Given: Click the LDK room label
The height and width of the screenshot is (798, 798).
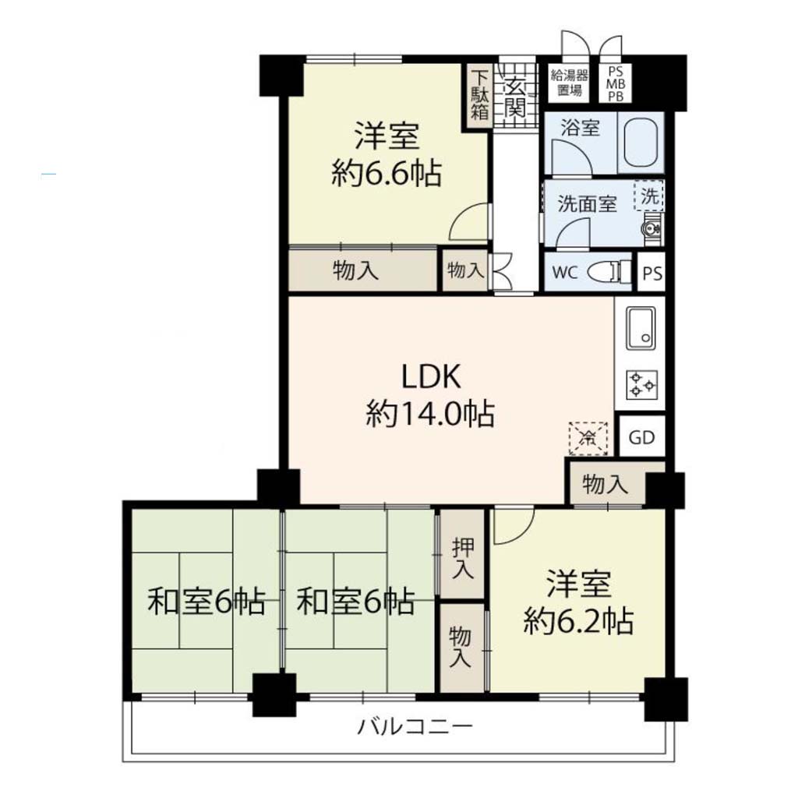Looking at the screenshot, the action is pos(431,377).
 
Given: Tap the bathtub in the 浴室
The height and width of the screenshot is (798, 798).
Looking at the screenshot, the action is pos(641,143).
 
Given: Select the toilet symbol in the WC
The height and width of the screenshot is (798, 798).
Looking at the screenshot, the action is pos(609,272).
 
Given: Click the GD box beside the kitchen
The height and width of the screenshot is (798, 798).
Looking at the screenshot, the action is pos(642,436).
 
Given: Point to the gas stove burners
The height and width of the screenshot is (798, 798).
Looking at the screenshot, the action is pos(642,384).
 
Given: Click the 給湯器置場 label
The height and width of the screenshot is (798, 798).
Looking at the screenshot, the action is pos(570,83).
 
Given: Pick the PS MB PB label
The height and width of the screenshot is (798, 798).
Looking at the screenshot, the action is pos(616,83).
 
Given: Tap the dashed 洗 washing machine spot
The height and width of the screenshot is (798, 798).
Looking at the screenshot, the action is pos(649,196).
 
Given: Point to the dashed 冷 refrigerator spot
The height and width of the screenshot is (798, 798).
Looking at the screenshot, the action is pos(588,438).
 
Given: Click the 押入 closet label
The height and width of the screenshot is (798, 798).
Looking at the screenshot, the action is pos(463,557).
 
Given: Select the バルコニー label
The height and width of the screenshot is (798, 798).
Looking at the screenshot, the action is pos(415,726).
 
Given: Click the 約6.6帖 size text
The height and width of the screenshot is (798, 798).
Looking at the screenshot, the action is pos(387,174).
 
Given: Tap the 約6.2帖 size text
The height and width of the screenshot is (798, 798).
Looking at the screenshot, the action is pos(579,620).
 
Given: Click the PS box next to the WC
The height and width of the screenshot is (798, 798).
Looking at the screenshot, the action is pos(652,272).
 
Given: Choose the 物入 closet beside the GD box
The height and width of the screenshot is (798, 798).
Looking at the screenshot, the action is pos(606,483).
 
